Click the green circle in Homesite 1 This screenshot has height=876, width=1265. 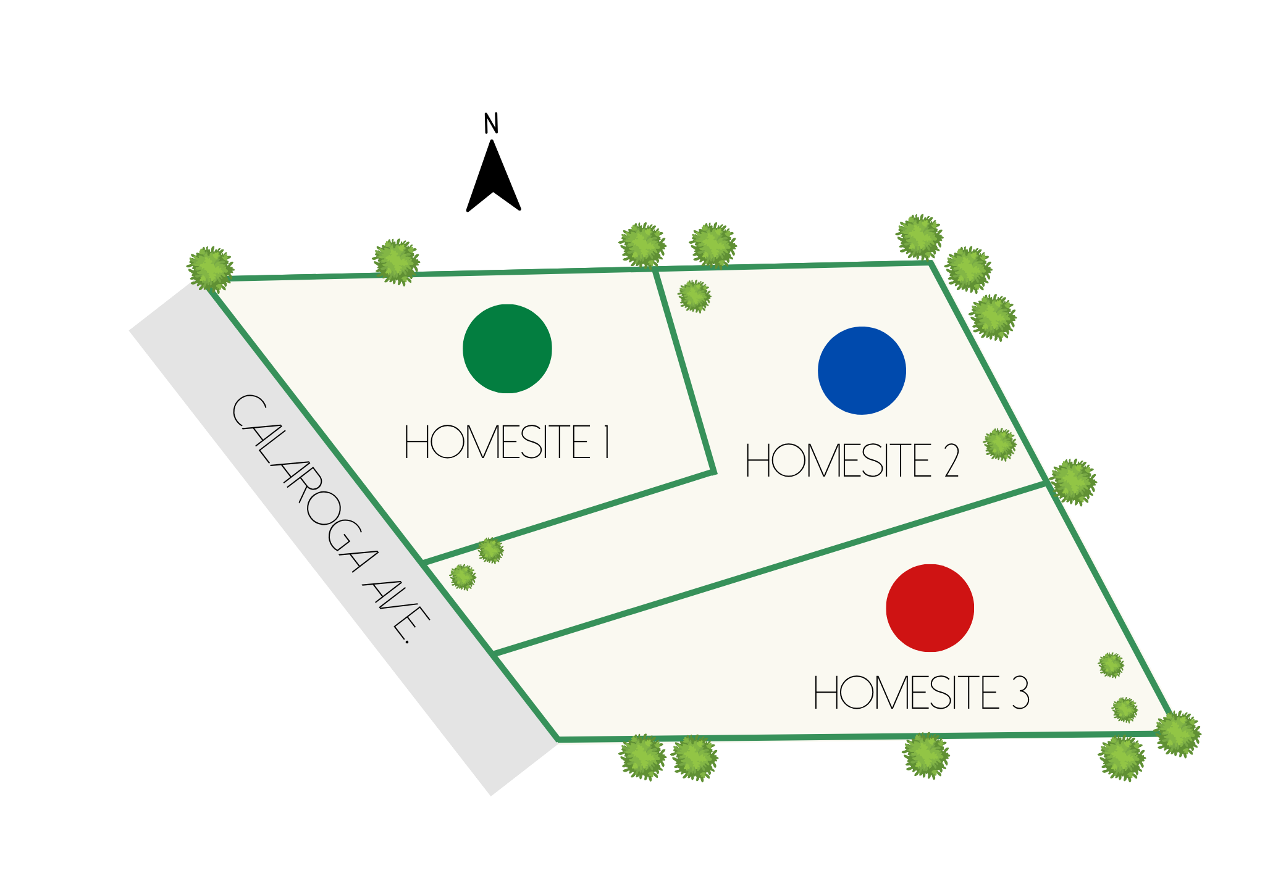507,349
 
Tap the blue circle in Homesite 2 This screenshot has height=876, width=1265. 862,370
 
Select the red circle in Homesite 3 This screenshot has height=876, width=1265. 930,608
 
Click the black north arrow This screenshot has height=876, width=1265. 493,176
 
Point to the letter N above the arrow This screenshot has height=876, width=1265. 491,123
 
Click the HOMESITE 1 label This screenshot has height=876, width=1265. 507,442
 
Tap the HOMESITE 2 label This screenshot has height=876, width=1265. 852,461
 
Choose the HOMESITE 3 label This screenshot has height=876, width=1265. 921,693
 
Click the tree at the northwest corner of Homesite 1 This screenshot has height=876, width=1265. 211,269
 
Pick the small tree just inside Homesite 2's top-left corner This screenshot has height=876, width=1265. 695,296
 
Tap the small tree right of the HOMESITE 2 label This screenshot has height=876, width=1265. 1000,444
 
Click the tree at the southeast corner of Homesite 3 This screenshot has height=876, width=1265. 1178,734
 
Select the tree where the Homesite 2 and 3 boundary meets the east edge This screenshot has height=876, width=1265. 1073,482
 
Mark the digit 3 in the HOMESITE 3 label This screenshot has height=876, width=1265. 1020,693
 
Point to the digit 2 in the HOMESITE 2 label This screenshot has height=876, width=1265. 952,461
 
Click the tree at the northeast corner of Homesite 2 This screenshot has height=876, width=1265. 920,237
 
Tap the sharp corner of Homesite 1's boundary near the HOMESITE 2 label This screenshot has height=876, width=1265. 713,473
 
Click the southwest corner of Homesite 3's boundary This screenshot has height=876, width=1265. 558,739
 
